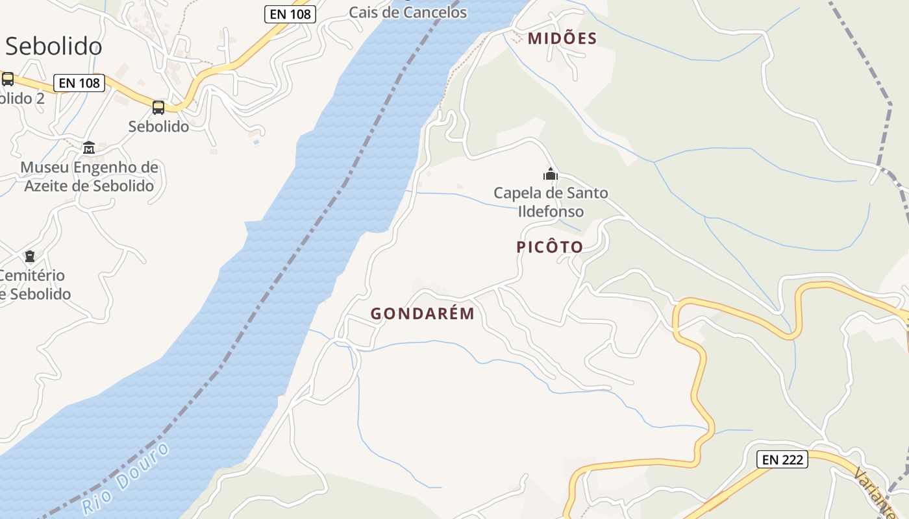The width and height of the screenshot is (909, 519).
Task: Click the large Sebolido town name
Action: coord(53,47)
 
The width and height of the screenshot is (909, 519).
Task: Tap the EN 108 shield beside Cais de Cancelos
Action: coord(290,14)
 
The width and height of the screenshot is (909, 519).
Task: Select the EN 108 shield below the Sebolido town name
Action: coord(79,83)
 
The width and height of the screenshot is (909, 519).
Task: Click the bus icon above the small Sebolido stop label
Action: coord(158,107)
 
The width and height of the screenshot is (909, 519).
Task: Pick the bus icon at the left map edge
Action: coord(8,79)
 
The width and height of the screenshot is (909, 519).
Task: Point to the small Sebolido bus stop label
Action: coord(158,127)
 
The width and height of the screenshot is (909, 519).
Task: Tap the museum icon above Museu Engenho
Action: coord(89,148)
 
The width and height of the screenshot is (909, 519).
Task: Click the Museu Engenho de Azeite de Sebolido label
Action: coord(89,176)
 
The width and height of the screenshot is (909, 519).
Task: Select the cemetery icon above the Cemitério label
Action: coord(30,256)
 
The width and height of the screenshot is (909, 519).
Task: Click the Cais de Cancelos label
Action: coord(408,12)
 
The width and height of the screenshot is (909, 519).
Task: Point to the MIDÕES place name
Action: coord(562,38)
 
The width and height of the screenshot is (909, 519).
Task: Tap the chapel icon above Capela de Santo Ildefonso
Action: coord(551,174)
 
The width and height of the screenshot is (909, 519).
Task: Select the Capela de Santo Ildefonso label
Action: coord(551,202)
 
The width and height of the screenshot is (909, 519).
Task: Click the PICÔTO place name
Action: coord(550,247)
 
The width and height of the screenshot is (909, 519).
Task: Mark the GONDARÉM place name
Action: coord(423,314)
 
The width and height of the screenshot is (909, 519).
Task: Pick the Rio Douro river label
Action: coord(126,479)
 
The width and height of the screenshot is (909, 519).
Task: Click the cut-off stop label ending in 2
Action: coord(22,99)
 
